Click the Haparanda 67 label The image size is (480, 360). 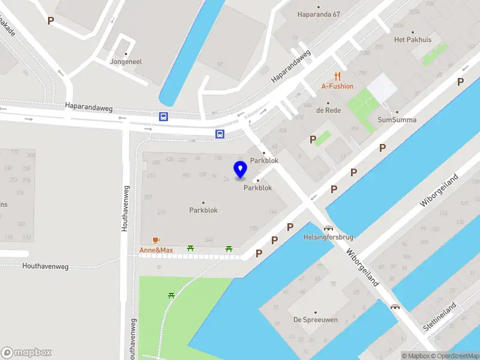pos(319,14)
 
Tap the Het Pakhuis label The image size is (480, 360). pos(412,40)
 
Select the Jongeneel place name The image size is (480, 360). pos(125,61)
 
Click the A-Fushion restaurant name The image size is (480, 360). pos(337,86)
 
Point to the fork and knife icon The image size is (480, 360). pos(338,76)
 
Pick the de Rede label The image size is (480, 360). pos(328,110)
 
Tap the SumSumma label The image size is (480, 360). pos(397,119)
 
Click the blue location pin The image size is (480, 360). pos(240,170)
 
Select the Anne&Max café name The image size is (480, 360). pos(156,250)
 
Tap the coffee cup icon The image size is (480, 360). pos(156,240)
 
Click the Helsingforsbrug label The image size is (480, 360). pos(329,237)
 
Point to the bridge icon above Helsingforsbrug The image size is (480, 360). pos(328,228)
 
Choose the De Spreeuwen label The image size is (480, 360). pos(314,320)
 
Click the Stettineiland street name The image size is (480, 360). pos(440,317)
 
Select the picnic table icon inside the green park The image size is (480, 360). pos(172,295)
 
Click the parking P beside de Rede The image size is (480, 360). pos(313,140)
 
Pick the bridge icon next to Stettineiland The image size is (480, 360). pos(395,307)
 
